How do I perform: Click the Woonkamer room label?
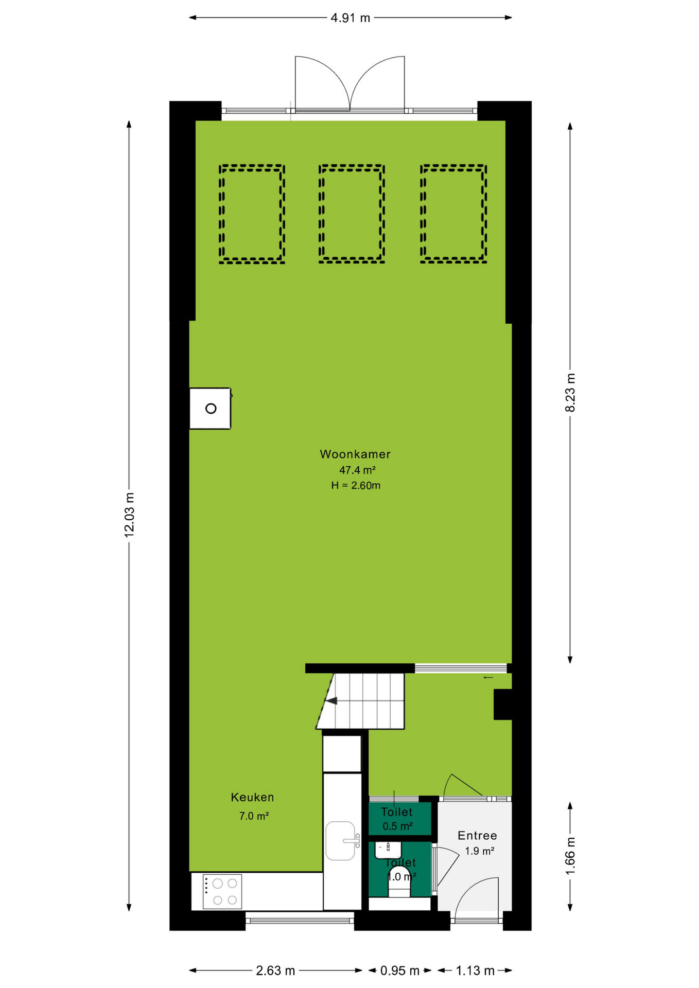point(355,454)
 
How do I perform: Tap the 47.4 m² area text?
point(357,470)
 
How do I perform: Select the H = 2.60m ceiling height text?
point(356,485)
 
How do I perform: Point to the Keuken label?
point(252,797)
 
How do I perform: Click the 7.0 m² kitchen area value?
point(254,816)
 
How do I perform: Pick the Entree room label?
point(477,835)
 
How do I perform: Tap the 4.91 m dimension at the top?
point(351,18)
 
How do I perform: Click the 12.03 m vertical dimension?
point(129,515)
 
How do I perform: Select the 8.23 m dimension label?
point(570,393)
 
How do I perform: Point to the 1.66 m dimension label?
point(570,856)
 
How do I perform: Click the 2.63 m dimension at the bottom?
point(275,971)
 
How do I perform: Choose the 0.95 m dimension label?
point(400,971)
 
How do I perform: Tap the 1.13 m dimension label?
point(475,971)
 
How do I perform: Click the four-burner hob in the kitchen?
point(222,891)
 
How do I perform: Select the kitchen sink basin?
point(340,840)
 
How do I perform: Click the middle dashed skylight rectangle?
point(352,214)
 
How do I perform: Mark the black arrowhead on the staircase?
point(331,701)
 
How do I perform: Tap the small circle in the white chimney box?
point(211,409)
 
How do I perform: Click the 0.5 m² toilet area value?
point(397,826)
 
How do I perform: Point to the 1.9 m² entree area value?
point(480,851)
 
